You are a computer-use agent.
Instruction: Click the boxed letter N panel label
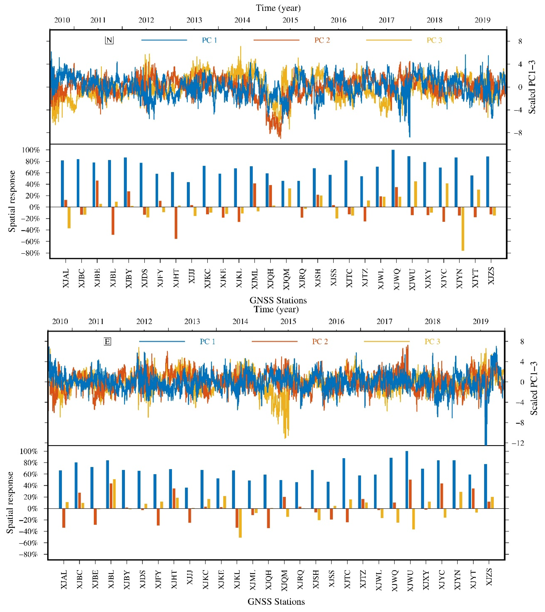click(x=109, y=40)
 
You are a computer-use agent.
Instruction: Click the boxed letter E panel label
click(x=107, y=341)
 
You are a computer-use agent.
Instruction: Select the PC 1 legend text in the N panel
click(x=209, y=40)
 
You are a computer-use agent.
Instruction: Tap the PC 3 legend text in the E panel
click(x=432, y=341)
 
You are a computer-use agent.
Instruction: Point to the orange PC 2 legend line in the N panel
click(x=276, y=40)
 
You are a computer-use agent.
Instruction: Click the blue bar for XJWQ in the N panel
click(x=393, y=178)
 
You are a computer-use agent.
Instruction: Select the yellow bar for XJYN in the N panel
click(x=463, y=229)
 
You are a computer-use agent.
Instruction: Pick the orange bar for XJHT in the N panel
click(x=176, y=223)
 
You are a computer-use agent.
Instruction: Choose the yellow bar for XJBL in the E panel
click(x=114, y=494)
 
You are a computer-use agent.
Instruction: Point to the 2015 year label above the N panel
click(x=290, y=20)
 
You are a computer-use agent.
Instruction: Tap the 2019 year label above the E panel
click(x=480, y=322)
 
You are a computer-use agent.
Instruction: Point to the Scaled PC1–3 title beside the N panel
click(x=532, y=87)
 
